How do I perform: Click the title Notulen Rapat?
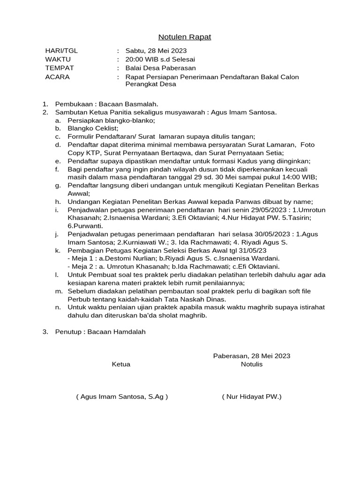[184, 37]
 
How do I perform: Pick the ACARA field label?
[57, 77]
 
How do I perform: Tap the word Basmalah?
[141, 104]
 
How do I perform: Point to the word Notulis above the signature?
[252, 364]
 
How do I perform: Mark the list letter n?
[58, 307]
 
